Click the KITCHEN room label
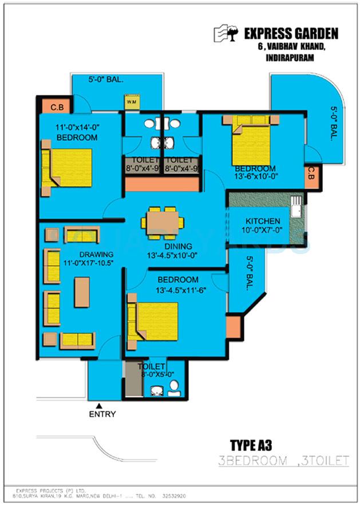(263, 221)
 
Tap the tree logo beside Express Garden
(226, 34)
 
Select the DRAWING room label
(96, 255)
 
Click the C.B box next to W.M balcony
(57, 106)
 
